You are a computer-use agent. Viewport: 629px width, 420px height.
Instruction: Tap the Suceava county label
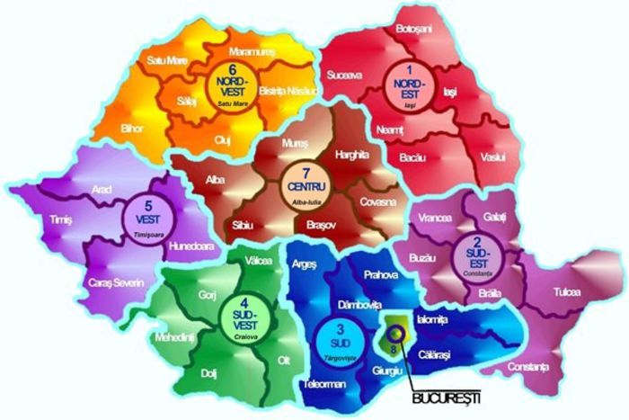pos(345,76)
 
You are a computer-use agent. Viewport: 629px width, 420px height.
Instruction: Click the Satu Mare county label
pos(164,62)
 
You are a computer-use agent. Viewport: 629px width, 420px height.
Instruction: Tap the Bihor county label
pos(132,128)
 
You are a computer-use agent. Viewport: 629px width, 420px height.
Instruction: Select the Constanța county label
pos(527,367)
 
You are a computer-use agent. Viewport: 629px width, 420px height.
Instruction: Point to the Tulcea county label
pos(567,292)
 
